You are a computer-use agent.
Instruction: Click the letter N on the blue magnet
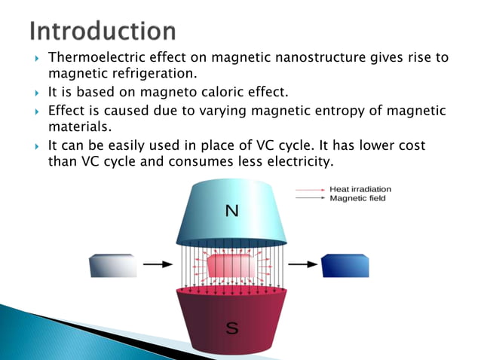coord(232,212)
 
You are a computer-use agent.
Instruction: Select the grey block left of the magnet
coord(112,266)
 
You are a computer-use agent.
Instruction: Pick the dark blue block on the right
coord(345,266)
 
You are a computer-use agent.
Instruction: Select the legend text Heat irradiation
coord(360,190)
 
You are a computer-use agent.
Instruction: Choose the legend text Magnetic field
coord(356,199)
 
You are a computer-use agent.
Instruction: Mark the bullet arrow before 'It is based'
coord(35,93)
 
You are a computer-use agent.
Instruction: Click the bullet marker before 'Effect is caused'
coord(35,111)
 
